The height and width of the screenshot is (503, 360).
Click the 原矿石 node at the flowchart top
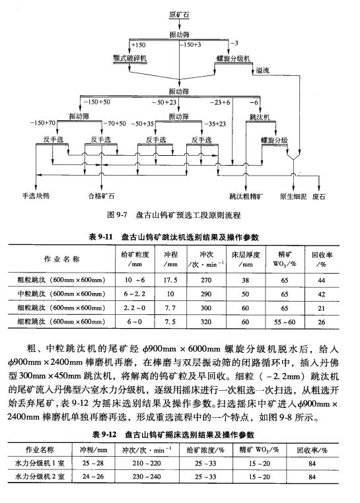[x=179, y=15]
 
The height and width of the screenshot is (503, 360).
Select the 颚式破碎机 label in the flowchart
[x=129, y=58]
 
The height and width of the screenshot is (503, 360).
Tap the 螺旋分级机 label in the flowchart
[x=233, y=58]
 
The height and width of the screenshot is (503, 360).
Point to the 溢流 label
[x=262, y=70]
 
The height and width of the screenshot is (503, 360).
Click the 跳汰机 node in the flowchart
[x=260, y=117]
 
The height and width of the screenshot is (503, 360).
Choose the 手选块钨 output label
[x=36, y=195]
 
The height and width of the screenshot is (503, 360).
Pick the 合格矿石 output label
[x=101, y=195]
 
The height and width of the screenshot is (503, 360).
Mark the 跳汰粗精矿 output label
[x=246, y=196]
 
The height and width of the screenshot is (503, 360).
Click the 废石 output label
[x=318, y=196]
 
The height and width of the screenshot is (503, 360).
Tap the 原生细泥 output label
[x=293, y=196]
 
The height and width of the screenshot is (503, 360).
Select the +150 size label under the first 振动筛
[x=138, y=45]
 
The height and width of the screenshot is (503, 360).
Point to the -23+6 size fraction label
[x=220, y=102]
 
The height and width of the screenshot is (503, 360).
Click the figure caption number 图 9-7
[x=117, y=215]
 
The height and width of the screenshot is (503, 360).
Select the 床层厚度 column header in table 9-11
[x=246, y=255]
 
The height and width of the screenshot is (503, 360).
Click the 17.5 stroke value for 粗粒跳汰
[x=170, y=280]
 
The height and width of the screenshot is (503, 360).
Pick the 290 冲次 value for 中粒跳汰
[x=206, y=294]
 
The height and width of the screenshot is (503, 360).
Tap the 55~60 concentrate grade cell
[x=285, y=322]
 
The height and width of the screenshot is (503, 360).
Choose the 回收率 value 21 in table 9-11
[x=322, y=308]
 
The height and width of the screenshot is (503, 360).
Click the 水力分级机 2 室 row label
[x=40, y=477]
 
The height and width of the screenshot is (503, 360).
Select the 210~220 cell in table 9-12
[x=147, y=463]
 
